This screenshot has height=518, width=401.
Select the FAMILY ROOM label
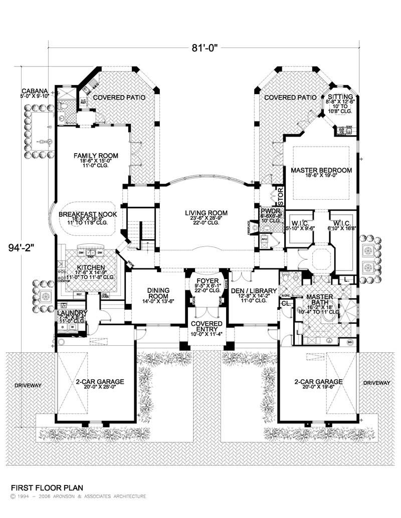click(x=88, y=156)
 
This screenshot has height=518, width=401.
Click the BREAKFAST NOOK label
click(x=88, y=214)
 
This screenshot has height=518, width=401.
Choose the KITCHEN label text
click(x=90, y=267)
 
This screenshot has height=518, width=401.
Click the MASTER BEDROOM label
click(x=321, y=170)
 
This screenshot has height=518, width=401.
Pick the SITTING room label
click(x=340, y=97)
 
